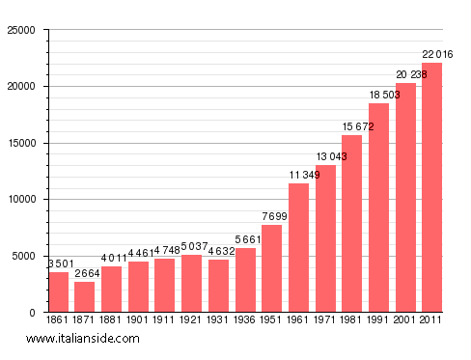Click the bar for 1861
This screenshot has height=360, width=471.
(x=59, y=291)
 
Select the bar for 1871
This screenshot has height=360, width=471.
(x=85, y=296)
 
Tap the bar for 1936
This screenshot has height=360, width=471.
(x=246, y=280)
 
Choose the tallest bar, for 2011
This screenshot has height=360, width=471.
(x=432, y=187)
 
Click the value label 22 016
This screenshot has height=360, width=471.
(x=432, y=54)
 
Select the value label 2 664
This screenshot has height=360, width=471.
(x=86, y=273)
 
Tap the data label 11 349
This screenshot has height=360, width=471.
(x=299, y=175)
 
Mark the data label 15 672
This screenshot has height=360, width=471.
(x=352, y=126)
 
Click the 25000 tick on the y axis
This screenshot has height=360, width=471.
(x=21, y=30)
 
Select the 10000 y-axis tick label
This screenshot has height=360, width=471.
(x=21, y=200)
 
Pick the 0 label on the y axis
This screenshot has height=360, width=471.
(x=35, y=313)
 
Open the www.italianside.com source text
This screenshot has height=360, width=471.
(x=83, y=339)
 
